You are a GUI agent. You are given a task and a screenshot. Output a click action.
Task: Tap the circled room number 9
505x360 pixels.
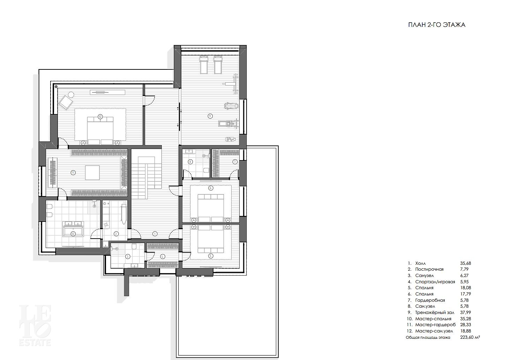point(210,116)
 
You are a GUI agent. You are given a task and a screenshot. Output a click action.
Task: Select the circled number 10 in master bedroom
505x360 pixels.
point(100,117)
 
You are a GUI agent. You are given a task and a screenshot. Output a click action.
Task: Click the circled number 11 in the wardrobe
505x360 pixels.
point(73,173)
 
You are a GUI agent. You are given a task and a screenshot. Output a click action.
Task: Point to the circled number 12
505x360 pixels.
point(73,234)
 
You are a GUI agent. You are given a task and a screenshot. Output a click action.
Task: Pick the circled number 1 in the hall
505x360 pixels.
point(154,234)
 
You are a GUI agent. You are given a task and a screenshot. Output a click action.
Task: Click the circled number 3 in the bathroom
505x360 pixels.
point(128,256)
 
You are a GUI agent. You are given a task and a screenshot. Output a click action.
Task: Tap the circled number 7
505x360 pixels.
point(235,162)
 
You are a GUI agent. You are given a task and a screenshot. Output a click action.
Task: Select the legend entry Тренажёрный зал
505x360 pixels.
point(435,313)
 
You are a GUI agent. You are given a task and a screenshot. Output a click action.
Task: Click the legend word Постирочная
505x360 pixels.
point(429,269)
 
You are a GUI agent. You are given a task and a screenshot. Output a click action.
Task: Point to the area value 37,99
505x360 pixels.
point(465,313)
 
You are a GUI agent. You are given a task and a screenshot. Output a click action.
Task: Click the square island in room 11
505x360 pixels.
point(92,173)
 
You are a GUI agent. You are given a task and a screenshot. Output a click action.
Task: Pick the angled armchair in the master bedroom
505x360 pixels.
point(66,103)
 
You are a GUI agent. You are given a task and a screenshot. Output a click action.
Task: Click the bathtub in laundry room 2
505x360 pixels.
point(124,214)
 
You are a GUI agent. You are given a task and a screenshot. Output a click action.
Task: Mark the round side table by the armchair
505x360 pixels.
point(71,95)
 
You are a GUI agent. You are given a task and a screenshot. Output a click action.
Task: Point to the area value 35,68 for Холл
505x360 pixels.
point(465,263)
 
